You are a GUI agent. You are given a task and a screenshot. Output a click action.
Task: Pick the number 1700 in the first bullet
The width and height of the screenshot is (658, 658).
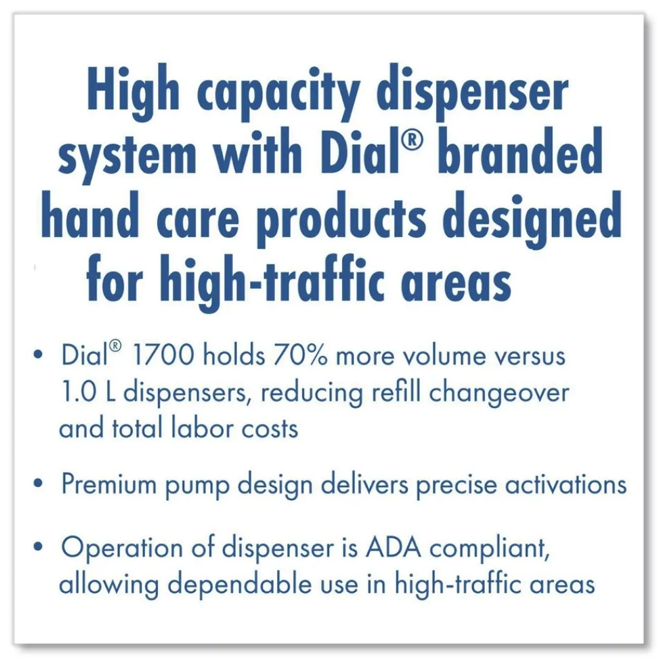(x=163, y=356)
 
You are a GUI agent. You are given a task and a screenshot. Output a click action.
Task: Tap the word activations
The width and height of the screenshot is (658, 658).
(x=565, y=485)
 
